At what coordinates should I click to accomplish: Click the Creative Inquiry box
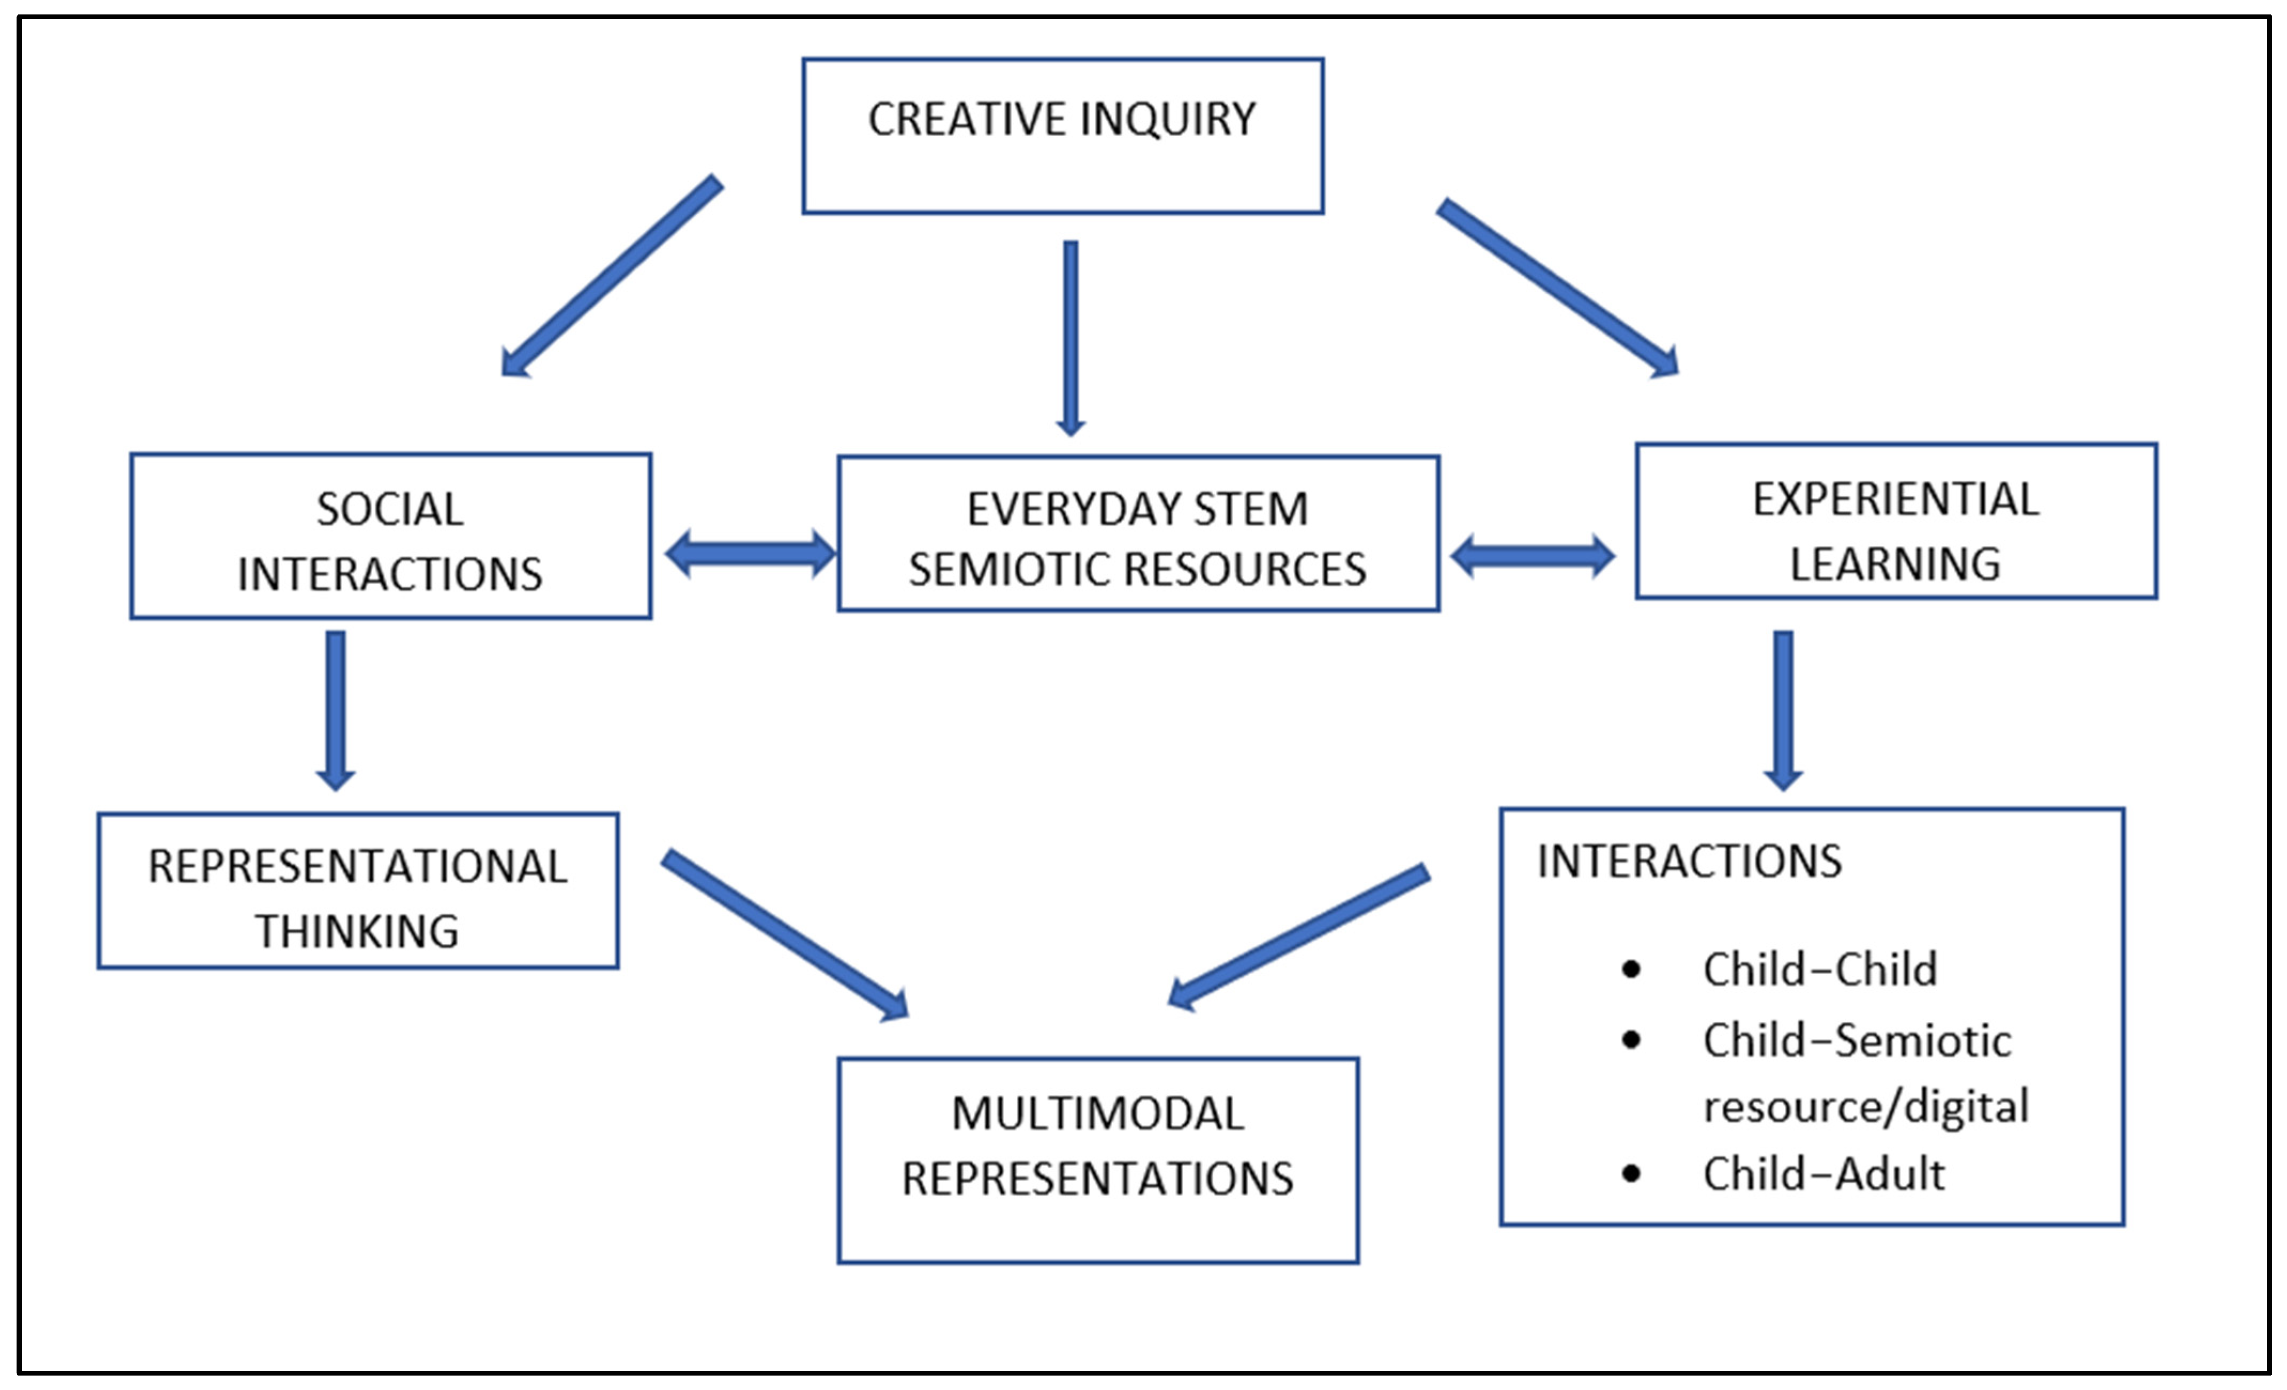coord(1062,136)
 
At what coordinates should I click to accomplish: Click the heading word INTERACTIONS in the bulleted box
coord(1689,861)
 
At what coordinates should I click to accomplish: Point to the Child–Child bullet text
coord(1819,969)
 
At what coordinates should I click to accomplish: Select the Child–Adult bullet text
coord(1823,1174)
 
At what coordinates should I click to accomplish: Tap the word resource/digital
coord(1866,1106)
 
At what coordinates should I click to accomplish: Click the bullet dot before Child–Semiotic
coord(1631,1040)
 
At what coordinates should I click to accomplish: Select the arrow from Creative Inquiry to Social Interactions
coord(611,276)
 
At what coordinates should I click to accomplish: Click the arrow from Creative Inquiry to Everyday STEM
coord(1071,339)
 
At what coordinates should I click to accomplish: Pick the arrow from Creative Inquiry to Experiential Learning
coord(1558,289)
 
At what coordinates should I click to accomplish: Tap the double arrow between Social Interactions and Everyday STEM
coord(751,554)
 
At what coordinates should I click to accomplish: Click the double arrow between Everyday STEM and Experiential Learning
coord(1533,557)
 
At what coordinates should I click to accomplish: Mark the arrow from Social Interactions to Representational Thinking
coord(336,710)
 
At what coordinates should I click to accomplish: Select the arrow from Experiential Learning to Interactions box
coord(1783,710)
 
